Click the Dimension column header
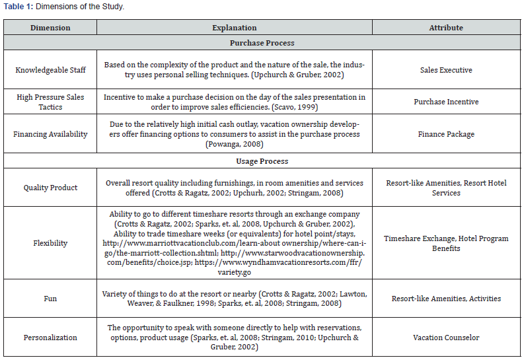coord(50,28)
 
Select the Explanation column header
coord(235,28)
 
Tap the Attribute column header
coord(446,28)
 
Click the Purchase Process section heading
coord(262,43)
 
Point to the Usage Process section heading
coord(262,161)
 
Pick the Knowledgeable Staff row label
coord(50,70)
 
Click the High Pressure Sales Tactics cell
coord(50,102)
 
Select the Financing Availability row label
coord(50,134)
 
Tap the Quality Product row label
coord(50,188)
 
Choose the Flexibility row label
coord(50,243)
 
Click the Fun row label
coord(50,299)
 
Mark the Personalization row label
coord(50,338)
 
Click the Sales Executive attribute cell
coord(446,70)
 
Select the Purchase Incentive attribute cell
coord(446,102)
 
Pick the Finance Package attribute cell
coord(446,134)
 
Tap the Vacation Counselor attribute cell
coord(446,338)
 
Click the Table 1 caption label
coord(19,7)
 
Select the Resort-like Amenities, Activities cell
coord(446,299)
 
